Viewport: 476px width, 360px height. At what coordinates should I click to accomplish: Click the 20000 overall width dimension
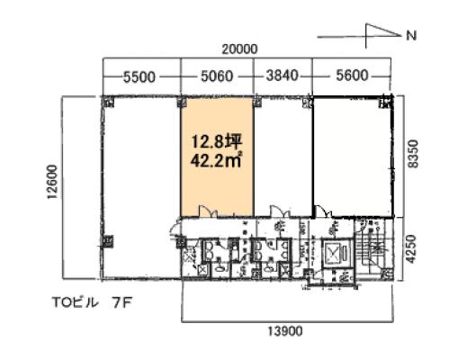click(239, 49)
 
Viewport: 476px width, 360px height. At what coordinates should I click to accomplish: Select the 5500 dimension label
click(139, 77)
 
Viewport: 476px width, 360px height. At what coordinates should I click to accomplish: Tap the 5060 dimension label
click(217, 76)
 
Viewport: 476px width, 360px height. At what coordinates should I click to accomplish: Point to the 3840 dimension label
click(283, 76)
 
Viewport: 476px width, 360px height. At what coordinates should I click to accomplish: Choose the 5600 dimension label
click(352, 76)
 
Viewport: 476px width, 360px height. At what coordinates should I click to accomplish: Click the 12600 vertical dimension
click(52, 182)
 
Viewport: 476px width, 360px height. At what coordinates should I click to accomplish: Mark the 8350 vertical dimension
click(413, 154)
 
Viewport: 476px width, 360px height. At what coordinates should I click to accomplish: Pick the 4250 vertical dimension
click(410, 249)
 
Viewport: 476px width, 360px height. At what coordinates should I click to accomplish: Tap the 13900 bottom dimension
click(285, 331)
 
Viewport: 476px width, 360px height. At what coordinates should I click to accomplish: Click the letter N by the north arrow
click(411, 36)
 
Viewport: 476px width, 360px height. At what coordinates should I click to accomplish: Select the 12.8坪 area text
click(217, 141)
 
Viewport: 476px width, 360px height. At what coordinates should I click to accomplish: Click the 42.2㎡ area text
click(216, 160)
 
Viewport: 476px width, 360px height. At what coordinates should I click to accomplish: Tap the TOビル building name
click(76, 302)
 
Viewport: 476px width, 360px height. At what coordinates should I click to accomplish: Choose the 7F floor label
click(121, 303)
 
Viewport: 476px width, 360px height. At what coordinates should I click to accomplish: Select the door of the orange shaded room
click(208, 211)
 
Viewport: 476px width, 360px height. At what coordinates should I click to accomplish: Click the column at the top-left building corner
click(108, 102)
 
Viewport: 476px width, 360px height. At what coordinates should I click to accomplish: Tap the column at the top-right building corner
click(387, 101)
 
